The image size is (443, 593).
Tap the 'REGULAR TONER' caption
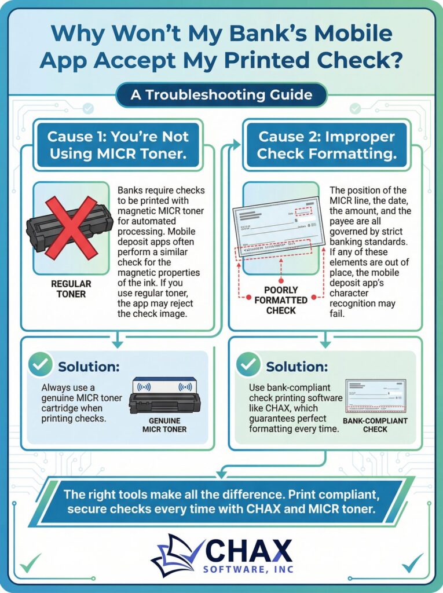(x=71, y=290)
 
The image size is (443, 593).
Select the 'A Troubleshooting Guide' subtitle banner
(x=221, y=95)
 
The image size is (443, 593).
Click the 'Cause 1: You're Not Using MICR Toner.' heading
(x=118, y=145)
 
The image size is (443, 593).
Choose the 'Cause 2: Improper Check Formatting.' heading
(x=327, y=145)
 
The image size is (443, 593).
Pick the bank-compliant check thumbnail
(x=375, y=396)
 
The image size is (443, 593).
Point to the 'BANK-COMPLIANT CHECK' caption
(x=376, y=425)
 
